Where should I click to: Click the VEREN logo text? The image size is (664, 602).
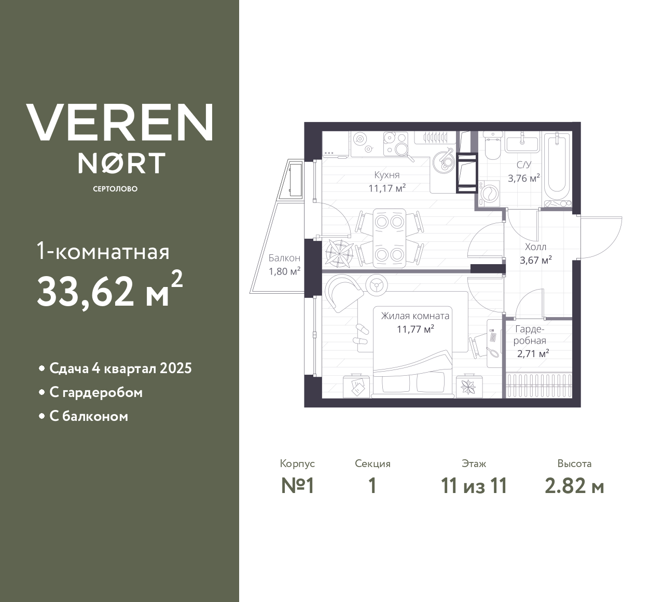tap(119, 122)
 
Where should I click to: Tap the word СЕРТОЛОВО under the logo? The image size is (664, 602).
tap(115, 189)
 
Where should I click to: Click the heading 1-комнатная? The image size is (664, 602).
tap(103, 252)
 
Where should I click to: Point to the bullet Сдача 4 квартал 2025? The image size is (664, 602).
tap(120, 368)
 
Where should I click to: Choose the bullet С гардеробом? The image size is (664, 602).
tap(96, 392)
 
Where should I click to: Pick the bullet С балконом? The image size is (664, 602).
tap(89, 416)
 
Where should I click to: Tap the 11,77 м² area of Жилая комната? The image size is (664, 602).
tap(415, 329)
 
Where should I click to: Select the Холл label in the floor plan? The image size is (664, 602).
tap(535, 247)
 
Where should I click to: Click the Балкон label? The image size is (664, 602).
tap(284, 258)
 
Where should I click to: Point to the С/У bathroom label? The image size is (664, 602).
tap(524, 165)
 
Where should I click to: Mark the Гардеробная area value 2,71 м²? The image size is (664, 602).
tap(533, 354)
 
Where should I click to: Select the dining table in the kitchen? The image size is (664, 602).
tap(389, 238)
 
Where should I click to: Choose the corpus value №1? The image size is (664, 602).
tap(298, 486)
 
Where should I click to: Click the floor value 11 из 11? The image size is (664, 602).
tap(474, 486)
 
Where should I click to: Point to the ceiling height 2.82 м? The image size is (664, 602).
tap(574, 486)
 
